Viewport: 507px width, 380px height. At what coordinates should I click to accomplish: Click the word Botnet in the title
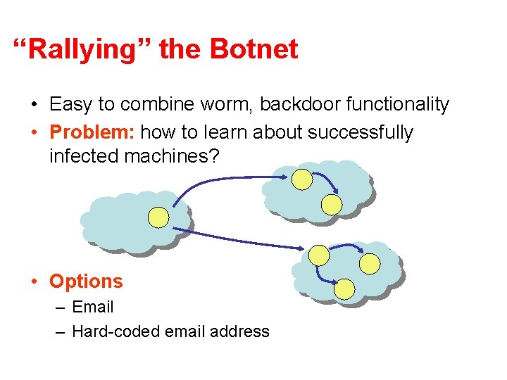pyautogui.click(x=254, y=49)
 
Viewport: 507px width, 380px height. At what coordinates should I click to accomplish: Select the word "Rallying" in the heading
pyautogui.click(x=84, y=49)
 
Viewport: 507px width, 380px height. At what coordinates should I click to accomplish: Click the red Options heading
pyautogui.click(x=86, y=281)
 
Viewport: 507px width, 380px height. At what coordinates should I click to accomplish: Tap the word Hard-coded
pyautogui.click(x=115, y=331)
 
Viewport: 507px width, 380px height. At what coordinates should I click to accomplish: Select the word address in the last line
pyautogui.click(x=239, y=331)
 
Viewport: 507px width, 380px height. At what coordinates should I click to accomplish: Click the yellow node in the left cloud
pyautogui.click(x=158, y=217)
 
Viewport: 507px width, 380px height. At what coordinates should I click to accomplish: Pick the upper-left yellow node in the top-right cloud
pyautogui.click(x=302, y=180)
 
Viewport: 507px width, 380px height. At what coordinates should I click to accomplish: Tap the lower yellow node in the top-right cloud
pyautogui.click(x=331, y=204)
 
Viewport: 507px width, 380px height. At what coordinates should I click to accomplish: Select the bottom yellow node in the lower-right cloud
pyautogui.click(x=344, y=289)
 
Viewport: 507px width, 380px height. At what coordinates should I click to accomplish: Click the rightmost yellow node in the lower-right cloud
pyautogui.click(x=370, y=263)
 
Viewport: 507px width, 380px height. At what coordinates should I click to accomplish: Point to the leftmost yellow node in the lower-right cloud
pyautogui.click(x=319, y=254)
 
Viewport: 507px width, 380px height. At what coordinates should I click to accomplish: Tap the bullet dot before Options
pyautogui.click(x=34, y=281)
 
